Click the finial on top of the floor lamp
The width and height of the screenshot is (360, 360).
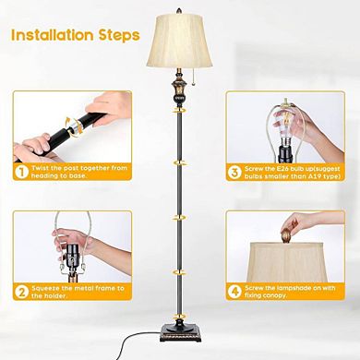[x=181, y=6]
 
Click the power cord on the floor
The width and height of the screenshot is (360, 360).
[x=138, y=344]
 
